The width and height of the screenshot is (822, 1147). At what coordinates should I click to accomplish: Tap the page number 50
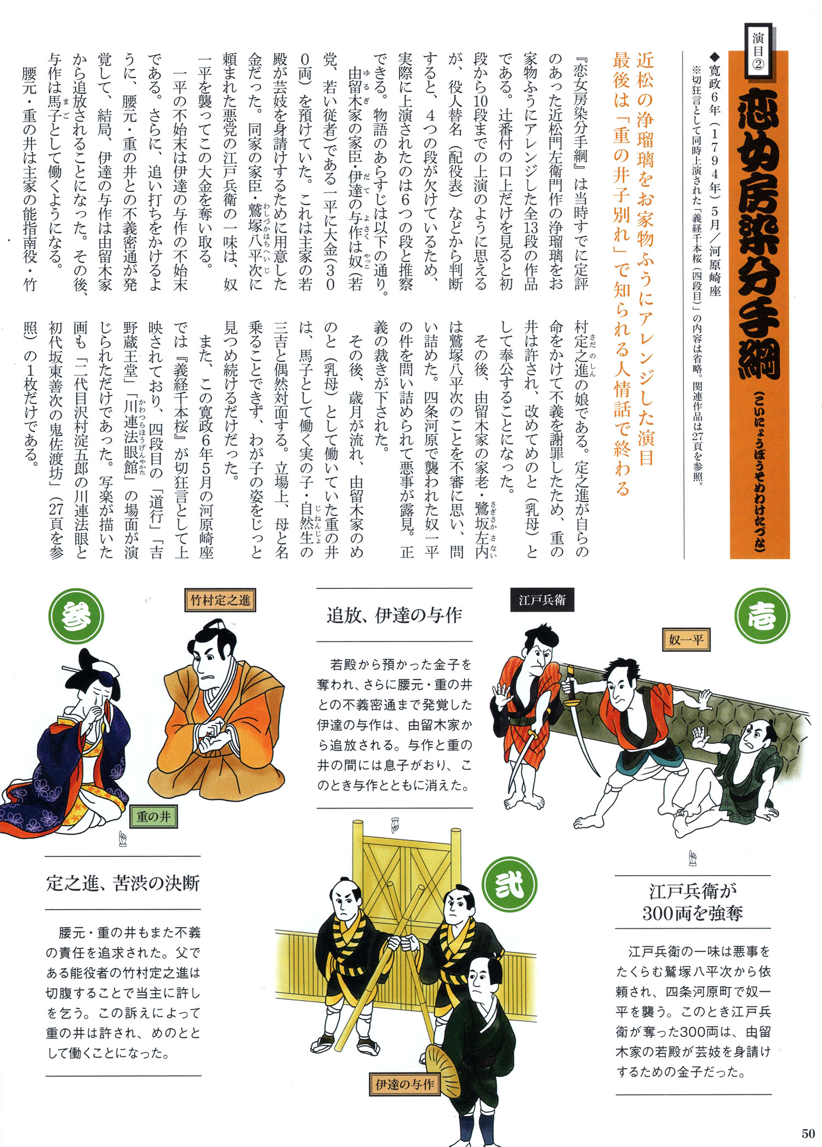808,1133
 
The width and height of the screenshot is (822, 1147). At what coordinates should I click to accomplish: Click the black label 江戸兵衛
542,600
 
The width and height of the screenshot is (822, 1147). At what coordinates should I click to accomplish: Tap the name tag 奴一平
686,640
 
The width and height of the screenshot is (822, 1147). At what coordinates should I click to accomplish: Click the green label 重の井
153,817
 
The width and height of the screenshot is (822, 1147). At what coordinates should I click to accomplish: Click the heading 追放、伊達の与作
395,615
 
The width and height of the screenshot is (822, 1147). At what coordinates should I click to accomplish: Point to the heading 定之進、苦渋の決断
123,883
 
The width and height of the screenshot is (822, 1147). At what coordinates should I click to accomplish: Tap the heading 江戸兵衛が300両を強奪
693,902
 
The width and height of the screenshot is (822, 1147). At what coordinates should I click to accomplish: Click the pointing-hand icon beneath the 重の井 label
123,837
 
